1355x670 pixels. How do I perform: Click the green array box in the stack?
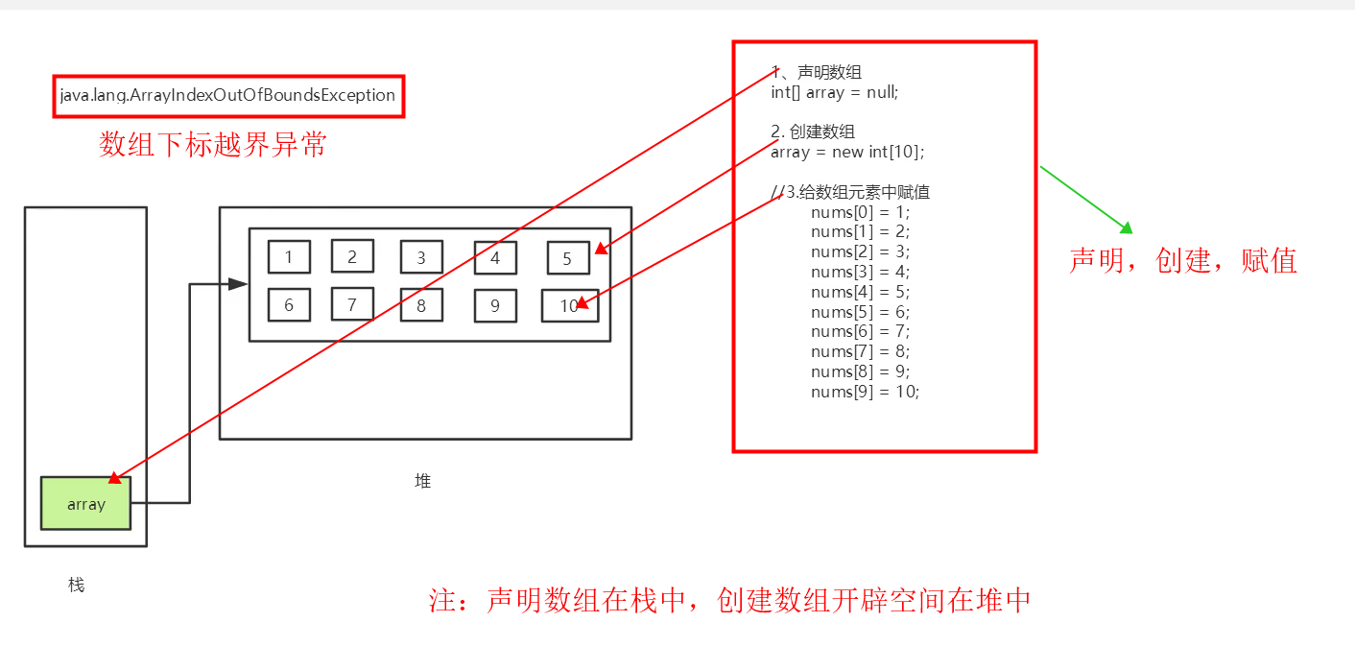pyautogui.click(x=85, y=503)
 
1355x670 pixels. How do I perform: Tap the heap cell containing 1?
pyautogui.click(x=289, y=256)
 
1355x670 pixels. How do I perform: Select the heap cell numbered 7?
pyautogui.click(x=352, y=304)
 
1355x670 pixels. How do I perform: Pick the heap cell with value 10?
pyautogui.click(x=569, y=305)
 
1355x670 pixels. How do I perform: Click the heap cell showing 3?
pyautogui.click(x=420, y=257)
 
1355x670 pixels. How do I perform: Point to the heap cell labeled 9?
pyautogui.click(x=495, y=305)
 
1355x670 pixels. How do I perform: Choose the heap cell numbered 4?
pyautogui.click(x=495, y=257)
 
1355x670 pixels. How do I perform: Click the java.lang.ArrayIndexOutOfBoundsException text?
pyautogui.click(x=227, y=96)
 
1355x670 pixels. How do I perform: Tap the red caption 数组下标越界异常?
pyautogui.click(x=213, y=145)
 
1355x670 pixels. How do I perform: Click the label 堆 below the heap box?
pyautogui.click(x=422, y=481)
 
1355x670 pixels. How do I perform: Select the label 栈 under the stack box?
pyautogui.click(x=77, y=585)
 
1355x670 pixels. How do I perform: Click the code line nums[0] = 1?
pyautogui.click(x=860, y=212)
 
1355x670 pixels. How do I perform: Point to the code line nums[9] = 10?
pyautogui.click(x=865, y=392)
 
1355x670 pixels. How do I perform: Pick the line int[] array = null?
pyautogui.click(x=834, y=92)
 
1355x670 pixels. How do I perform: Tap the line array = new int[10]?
pyautogui.click(x=847, y=152)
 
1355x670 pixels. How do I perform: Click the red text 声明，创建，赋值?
pyautogui.click(x=1183, y=260)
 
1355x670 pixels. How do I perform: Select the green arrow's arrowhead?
pyautogui.click(x=1127, y=228)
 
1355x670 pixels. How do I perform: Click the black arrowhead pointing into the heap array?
pyautogui.click(x=237, y=284)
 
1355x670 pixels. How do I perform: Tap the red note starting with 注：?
pyautogui.click(x=729, y=601)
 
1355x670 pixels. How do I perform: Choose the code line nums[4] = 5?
pyautogui.click(x=860, y=292)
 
